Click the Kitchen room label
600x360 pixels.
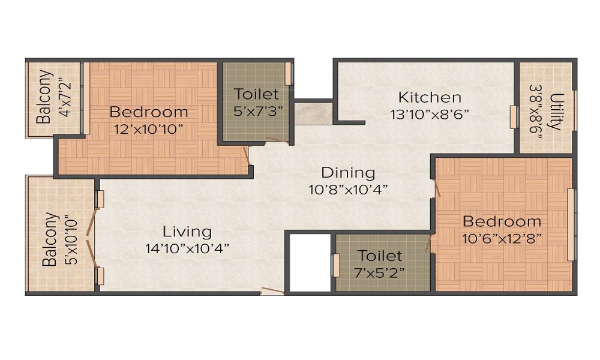(x=430, y=97)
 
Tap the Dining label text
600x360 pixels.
(x=348, y=173)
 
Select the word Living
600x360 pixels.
(x=187, y=231)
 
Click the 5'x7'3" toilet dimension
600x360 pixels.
(x=256, y=110)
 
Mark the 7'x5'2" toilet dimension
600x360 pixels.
(x=380, y=271)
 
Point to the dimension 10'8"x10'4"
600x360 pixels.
(x=348, y=189)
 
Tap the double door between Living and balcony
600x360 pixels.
(x=90, y=237)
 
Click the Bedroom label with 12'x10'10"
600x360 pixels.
(x=148, y=112)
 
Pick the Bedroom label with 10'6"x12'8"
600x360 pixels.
(x=502, y=221)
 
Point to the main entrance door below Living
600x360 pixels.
(x=272, y=292)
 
